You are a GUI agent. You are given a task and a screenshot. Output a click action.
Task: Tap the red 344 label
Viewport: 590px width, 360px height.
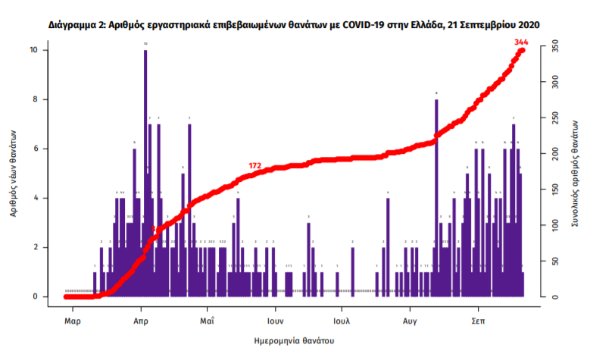click(520, 41)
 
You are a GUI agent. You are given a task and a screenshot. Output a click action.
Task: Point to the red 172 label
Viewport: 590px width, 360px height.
click(255, 164)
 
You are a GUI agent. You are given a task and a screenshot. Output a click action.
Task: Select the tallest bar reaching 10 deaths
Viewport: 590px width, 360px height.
click(145, 174)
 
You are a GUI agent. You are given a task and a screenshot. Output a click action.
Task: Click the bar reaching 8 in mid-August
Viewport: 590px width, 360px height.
click(436, 197)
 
